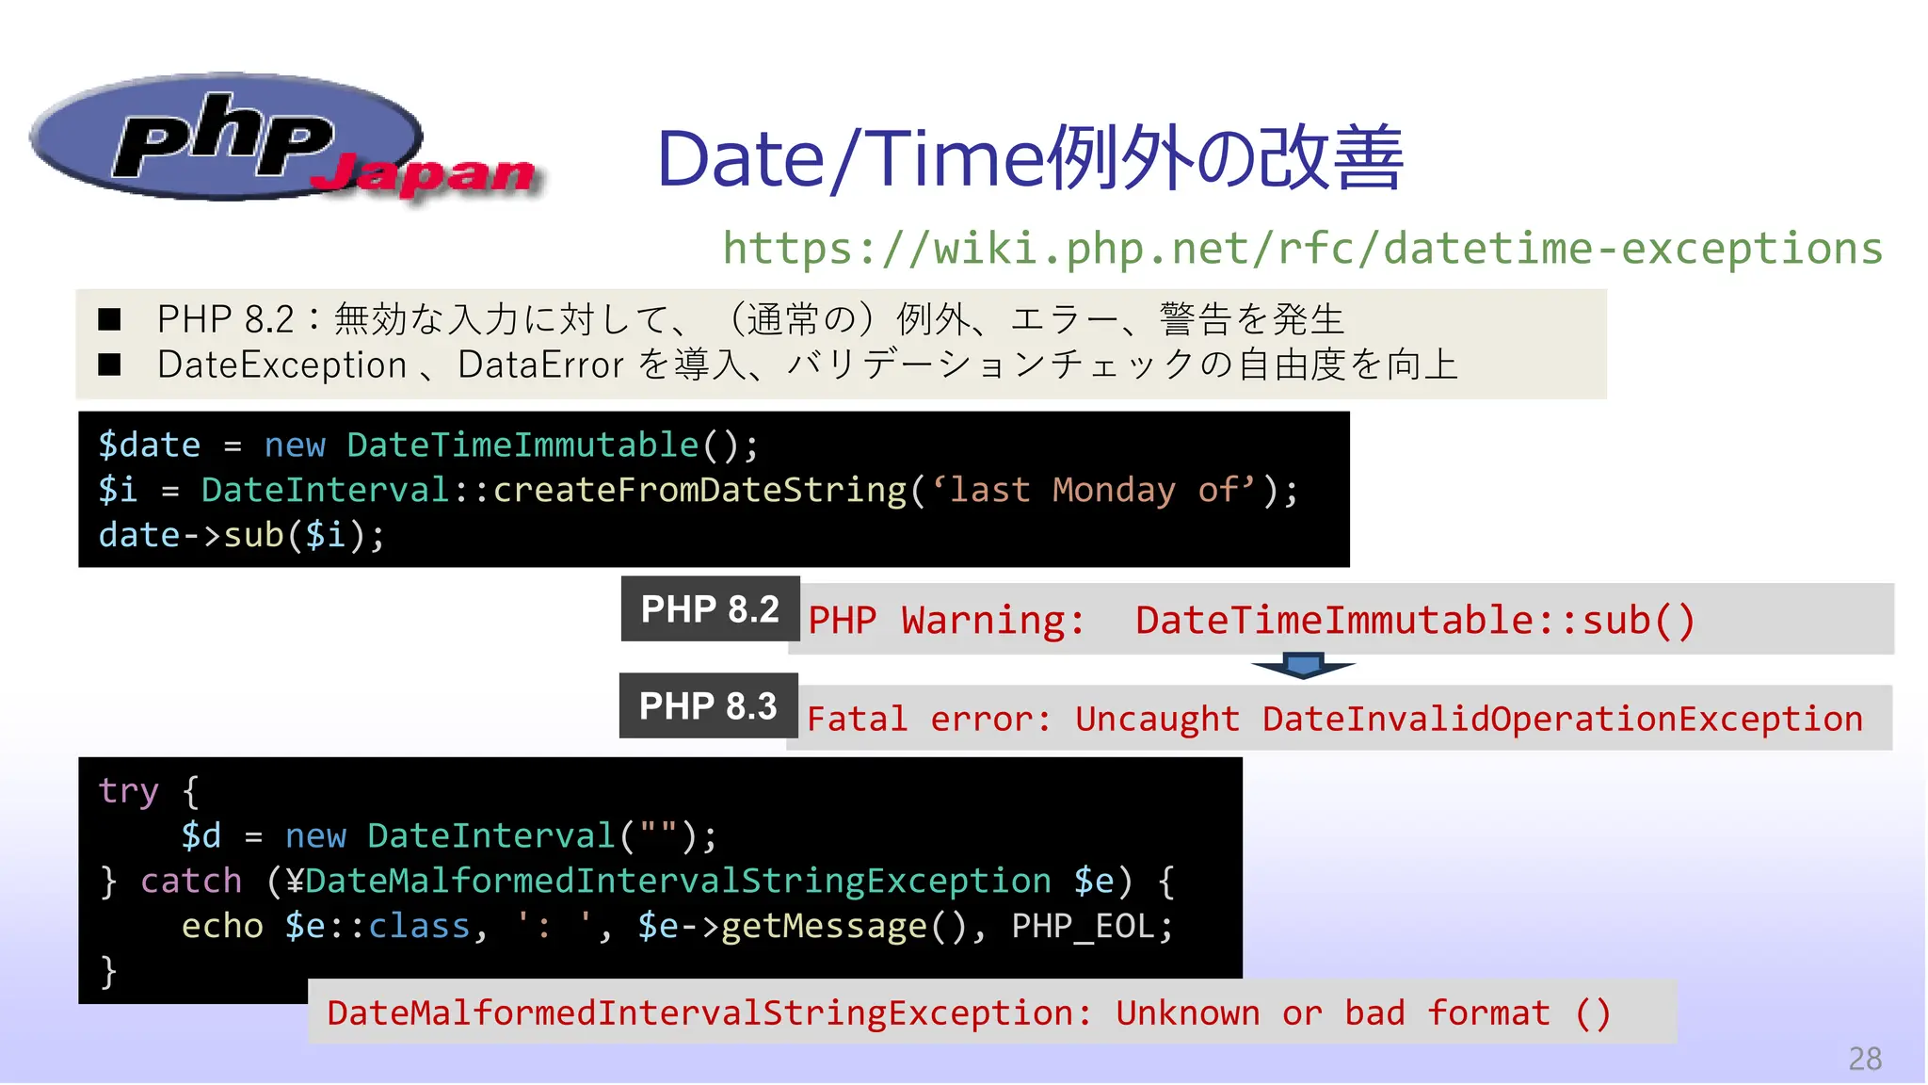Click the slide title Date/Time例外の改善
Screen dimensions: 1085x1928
[x=1030, y=158]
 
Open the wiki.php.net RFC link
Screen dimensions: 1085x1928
[x=1302, y=249]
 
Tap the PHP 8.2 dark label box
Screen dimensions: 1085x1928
[x=710, y=609]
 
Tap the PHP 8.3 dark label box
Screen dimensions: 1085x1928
[x=708, y=705]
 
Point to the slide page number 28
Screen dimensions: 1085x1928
[x=1864, y=1059]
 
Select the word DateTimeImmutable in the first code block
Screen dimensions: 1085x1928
[x=522, y=445]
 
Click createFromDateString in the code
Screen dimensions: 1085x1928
[x=700, y=490]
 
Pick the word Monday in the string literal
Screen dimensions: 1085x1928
[x=1114, y=490]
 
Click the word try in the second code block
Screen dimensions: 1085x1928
[x=129, y=791]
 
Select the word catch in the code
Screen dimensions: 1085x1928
[x=191, y=882]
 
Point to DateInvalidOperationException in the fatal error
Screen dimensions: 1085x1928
[x=1563, y=720]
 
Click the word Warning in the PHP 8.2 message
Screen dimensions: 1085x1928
[x=992, y=621]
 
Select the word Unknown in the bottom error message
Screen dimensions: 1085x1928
[x=1188, y=1013]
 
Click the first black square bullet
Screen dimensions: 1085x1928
[x=110, y=319]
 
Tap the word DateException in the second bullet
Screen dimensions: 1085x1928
[x=281, y=365]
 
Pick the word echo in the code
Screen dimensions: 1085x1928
[x=222, y=927]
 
